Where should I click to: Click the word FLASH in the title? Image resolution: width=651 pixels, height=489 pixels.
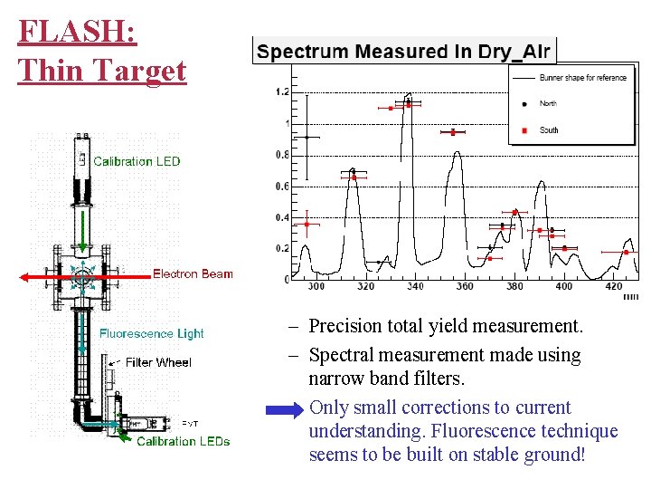click(x=77, y=33)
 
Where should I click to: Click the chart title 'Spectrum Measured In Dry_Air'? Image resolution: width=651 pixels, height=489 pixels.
click(x=403, y=52)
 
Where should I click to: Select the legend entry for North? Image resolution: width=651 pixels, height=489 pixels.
click(x=548, y=104)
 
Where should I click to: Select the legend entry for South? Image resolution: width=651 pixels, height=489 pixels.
click(x=548, y=130)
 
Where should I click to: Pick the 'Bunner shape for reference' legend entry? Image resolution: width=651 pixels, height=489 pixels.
click(x=582, y=78)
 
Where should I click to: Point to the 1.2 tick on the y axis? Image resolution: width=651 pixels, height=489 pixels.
click(x=282, y=92)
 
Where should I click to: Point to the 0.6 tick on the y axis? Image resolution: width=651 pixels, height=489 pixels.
click(x=282, y=187)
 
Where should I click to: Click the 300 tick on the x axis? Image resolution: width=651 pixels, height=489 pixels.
click(x=316, y=287)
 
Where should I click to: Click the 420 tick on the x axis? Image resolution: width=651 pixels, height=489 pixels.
click(x=613, y=287)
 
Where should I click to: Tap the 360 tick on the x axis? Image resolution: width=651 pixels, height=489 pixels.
click(x=465, y=287)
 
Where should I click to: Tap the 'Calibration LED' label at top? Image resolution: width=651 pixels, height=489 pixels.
click(x=137, y=162)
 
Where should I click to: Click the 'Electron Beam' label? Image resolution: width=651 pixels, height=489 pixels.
click(x=193, y=273)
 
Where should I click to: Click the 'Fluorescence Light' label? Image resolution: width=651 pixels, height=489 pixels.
click(x=152, y=333)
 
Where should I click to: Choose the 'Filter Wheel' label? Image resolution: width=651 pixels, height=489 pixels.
click(x=158, y=362)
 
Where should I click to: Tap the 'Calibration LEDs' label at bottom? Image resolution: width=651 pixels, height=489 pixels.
click(x=183, y=442)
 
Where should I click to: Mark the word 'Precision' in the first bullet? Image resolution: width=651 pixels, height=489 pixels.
click(x=345, y=325)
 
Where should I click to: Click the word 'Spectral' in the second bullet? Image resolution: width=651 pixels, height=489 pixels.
click(x=342, y=355)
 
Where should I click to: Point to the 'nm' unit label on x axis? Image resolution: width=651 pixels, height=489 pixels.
click(x=630, y=296)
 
